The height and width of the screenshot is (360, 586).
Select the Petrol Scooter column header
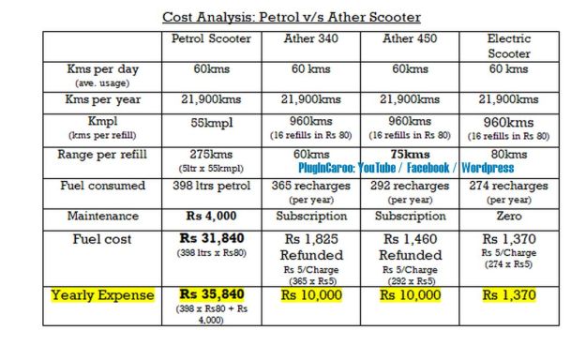click(208, 39)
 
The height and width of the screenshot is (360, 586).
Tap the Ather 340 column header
click(312, 39)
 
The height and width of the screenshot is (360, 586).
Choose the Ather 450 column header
click(411, 39)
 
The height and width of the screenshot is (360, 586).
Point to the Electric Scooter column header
click(509, 47)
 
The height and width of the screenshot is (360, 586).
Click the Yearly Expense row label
click(103, 295)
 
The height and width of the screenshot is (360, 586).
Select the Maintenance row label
click(103, 217)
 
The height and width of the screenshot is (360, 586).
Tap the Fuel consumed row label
click(103, 186)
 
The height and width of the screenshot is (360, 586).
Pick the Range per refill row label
click(103, 154)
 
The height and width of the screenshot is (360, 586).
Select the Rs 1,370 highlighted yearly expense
click(509, 295)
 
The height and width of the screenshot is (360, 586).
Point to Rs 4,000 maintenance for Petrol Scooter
click(208, 217)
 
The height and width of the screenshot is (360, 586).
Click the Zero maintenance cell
click(509, 217)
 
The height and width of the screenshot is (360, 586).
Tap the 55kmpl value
click(208, 122)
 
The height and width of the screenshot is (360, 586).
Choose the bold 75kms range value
click(411, 154)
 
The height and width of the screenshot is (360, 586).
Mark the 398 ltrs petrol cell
click(208, 186)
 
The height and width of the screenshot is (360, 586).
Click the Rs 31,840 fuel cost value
click(208, 239)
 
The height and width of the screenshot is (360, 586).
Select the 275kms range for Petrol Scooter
click(208, 154)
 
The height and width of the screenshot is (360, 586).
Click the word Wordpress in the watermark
click(487, 168)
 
